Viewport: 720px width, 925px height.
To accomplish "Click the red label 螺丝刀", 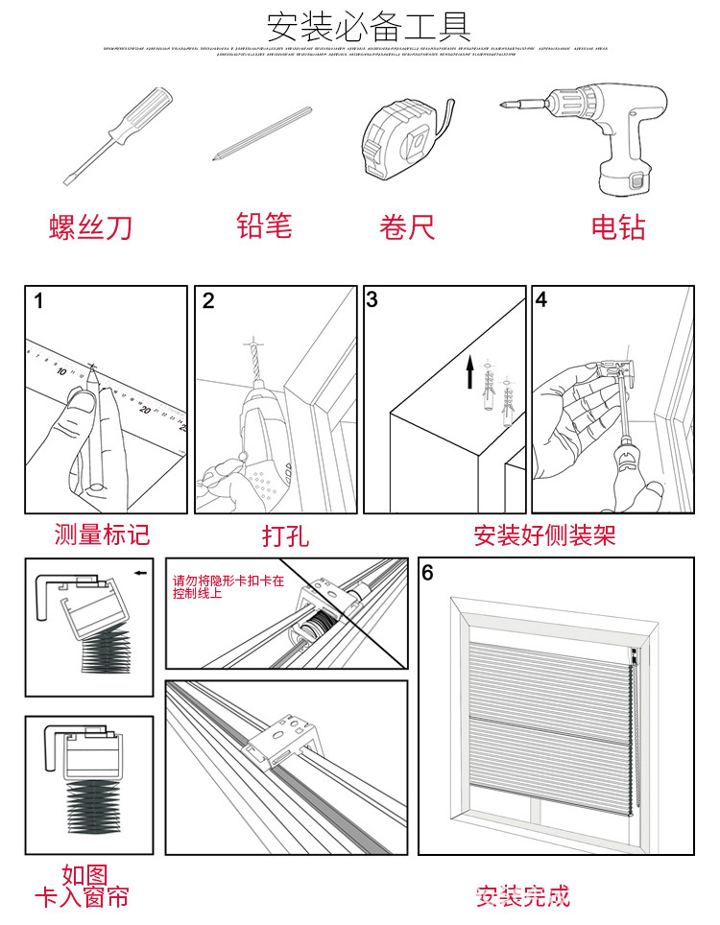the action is pyautogui.click(x=90, y=227).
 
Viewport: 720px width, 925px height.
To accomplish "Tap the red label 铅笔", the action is pyautogui.click(x=263, y=225).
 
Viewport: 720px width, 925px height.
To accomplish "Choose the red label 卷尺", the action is pyautogui.click(x=407, y=227).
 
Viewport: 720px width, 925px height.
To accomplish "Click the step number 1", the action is pyautogui.click(x=38, y=300).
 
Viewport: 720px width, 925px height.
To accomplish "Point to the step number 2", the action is pyautogui.click(x=208, y=300).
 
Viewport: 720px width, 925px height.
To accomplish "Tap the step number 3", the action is pyautogui.click(x=372, y=299).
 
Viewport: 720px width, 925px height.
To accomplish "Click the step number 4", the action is pyautogui.click(x=541, y=299).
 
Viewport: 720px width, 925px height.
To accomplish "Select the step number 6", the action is pyautogui.click(x=428, y=573).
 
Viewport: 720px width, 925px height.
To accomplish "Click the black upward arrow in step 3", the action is pyautogui.click(x=470, y=372).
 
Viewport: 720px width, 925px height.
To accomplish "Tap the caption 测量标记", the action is pyautogui.click(x=102, y=534).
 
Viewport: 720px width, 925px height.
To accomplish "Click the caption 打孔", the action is pyautogui.click(x=285, y=534).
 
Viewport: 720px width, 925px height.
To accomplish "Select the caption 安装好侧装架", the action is pyautogui.click(x=543, y=534).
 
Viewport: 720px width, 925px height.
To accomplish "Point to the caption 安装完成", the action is pyautogui.click(x=523, y=896).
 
